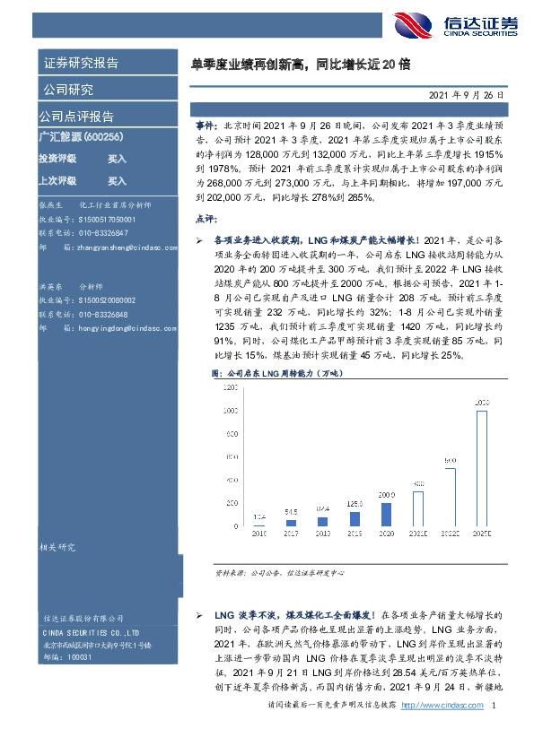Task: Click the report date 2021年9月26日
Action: pos(470,93)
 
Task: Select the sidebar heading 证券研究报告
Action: pos(81,64)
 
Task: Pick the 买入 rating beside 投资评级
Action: pos(117,159)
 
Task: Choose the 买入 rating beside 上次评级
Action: pos(117,180)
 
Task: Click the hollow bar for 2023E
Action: pos(482,468)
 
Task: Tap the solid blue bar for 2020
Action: pos(387,513)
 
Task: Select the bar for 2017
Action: pos(291,522)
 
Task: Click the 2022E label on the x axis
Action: pos(450,533)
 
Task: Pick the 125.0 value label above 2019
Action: pos(355,505)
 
